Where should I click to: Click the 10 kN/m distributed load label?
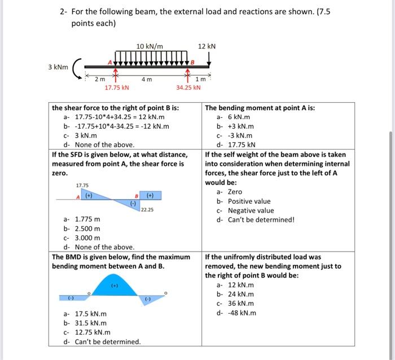pos(150,46)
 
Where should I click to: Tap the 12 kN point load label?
pos(207,46)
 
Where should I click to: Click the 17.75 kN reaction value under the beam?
pos(117,87)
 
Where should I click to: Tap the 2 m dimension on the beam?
pos(100,80)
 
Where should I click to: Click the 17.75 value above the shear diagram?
pos(82,185)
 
